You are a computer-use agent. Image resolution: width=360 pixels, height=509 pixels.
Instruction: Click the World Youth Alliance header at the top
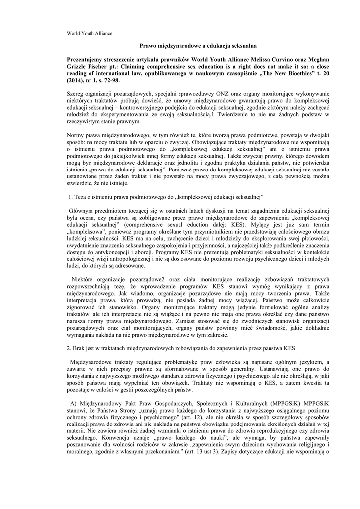(90, 33)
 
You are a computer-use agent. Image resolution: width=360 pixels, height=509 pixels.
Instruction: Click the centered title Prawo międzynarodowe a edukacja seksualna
(180, 45)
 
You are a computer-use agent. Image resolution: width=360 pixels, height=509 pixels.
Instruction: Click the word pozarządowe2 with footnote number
(145, 279)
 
